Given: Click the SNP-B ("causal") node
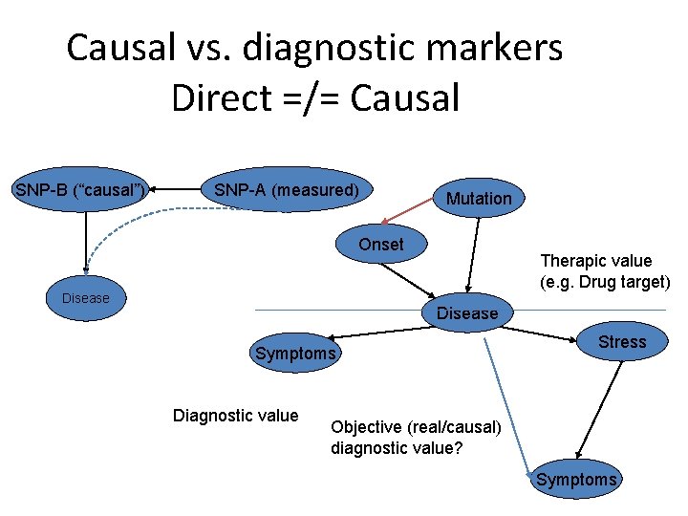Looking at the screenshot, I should [x=81, y=190].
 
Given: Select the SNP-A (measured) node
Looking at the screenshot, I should [x=287, y=190].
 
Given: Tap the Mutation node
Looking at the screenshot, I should [x=479, y=198].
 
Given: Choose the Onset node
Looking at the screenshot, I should [x=381, y=245].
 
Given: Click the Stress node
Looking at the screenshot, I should [x=622, y=342].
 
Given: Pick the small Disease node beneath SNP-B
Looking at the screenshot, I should [x=86, y=298].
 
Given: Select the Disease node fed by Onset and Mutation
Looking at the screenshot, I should [x=467, y=313].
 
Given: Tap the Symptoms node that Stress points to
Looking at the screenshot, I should [x=576, y=480].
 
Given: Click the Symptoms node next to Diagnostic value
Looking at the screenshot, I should [x=295, y=354].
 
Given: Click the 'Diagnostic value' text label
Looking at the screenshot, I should [x=235, y=415].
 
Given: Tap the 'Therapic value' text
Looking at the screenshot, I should [x=596, y=261].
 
